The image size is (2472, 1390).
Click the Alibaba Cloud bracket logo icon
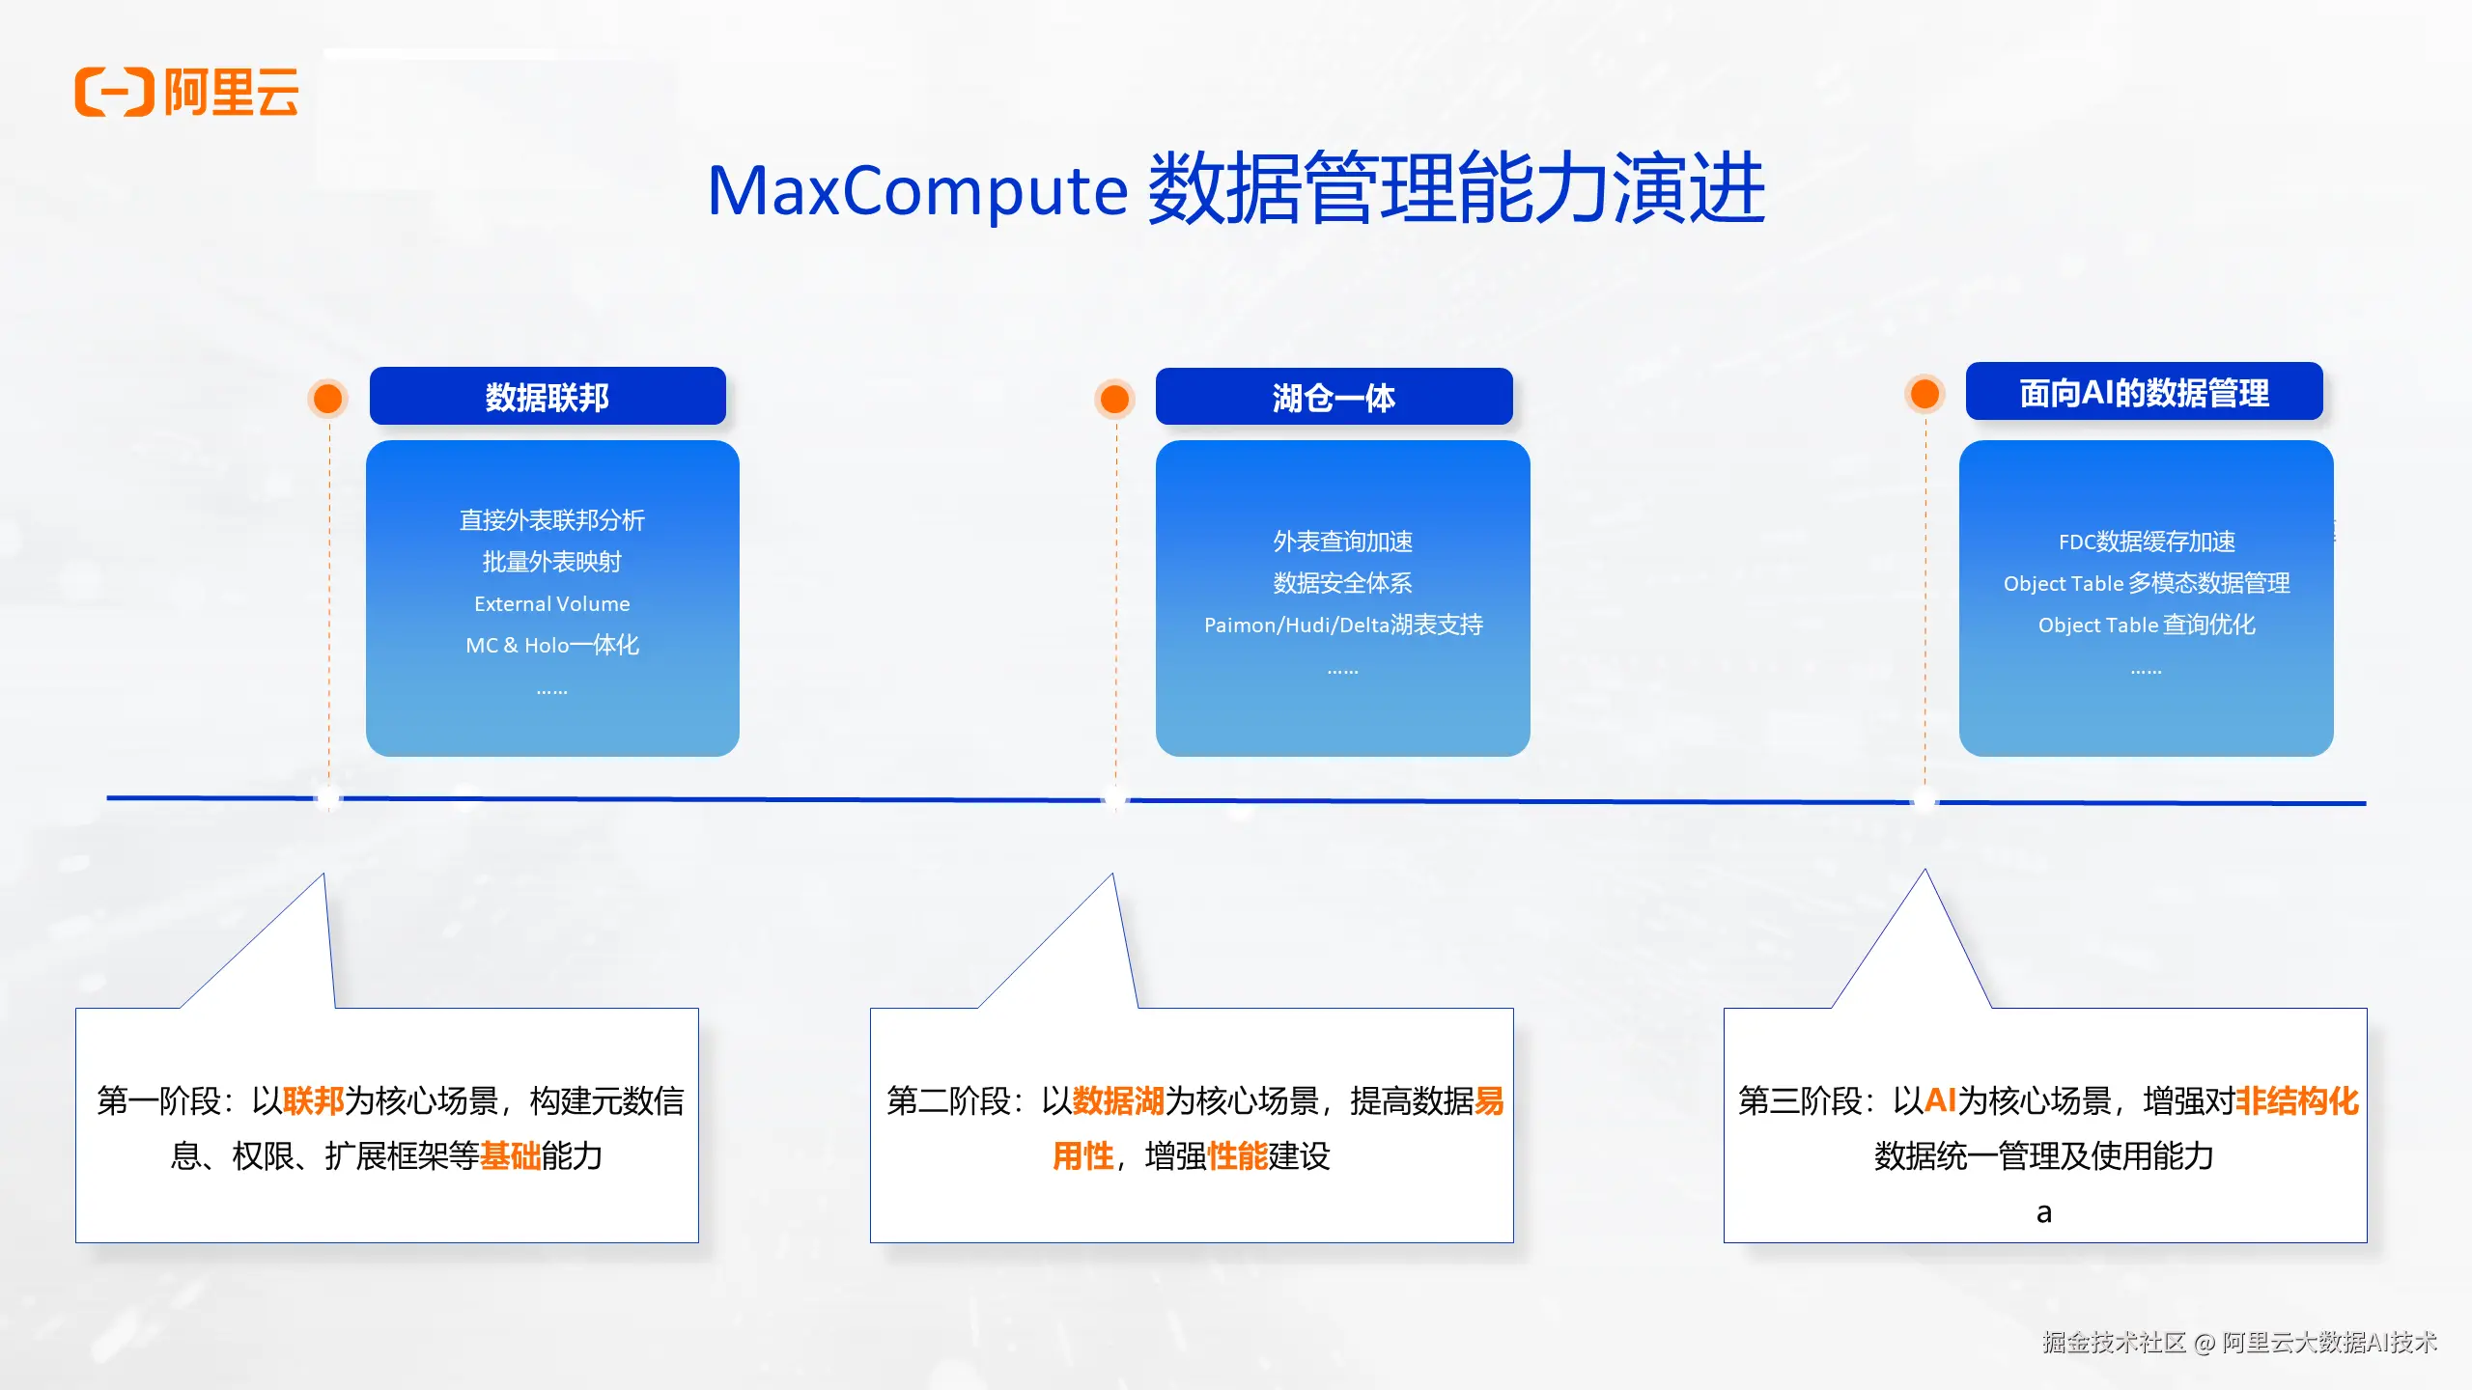(114, 93)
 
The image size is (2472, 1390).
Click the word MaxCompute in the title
(917, 191)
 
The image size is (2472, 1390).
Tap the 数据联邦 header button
(548, 397)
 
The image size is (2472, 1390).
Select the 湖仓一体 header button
(1334, 397)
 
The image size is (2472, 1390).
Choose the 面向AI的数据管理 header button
(2144, 393)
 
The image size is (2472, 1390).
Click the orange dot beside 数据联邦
(328, 398)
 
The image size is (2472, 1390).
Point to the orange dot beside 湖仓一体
(1114, 398)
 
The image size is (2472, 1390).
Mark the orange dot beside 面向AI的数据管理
(1924, 393)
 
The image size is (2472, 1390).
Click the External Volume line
(551, 603)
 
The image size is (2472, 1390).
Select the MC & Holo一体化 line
(551, 645)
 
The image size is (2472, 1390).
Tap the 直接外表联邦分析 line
(551, 520)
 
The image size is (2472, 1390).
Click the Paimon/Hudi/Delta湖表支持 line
(1342, 625)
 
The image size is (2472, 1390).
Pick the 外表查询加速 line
(1342, 542)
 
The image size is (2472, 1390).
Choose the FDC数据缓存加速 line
(2146, 542)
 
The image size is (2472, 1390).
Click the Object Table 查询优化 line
(2146, 625)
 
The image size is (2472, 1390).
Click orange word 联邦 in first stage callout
(313, 1100)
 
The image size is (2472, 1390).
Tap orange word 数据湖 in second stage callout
(1118, 1100)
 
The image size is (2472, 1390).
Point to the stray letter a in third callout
(2043, 1212)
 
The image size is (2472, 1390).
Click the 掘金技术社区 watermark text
(2113, 1342)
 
